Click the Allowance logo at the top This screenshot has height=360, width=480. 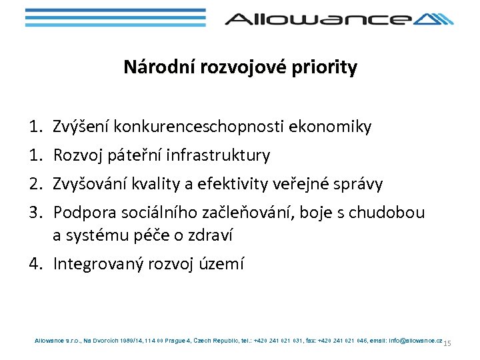[339, 19]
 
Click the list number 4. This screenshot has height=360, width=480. [34, 264]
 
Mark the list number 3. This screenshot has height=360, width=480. [34, 212]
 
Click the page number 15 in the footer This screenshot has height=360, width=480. [447, 343]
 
